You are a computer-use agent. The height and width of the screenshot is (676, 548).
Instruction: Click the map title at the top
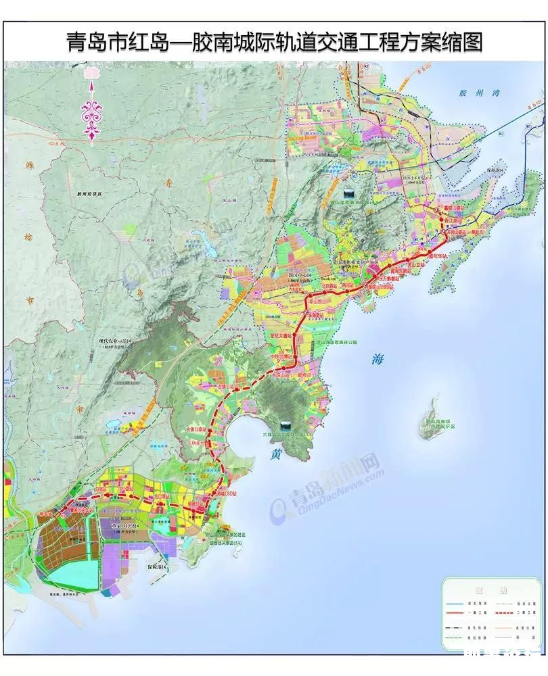point(274,42)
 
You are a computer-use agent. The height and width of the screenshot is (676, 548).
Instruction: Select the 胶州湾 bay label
point(472,94)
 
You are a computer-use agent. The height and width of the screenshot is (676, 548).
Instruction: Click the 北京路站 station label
point(329,285)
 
